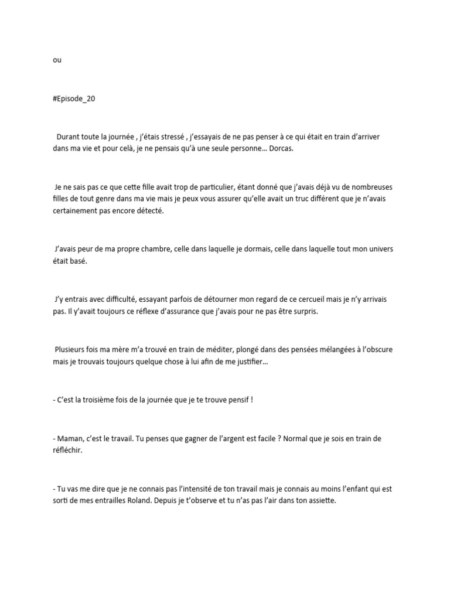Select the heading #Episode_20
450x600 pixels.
click(74, 99)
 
